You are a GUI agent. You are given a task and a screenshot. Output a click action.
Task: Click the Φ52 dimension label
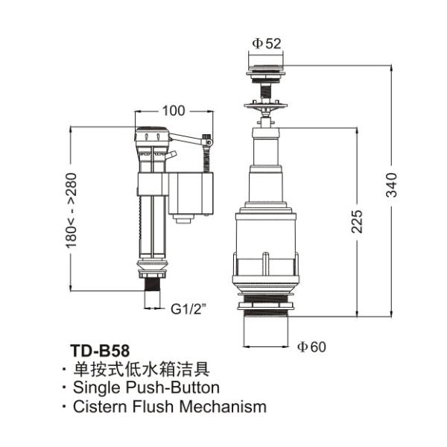(x=266, y=43)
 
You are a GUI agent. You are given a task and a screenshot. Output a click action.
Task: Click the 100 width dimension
(x=173, y=111)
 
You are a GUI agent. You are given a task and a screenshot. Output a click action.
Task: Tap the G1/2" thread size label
(x=188, y=308)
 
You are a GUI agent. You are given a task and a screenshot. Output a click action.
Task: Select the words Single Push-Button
(x=146, y=387)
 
